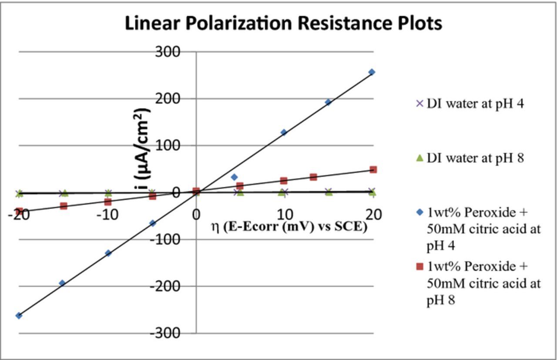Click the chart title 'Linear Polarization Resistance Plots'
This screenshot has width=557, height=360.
pos(283,24)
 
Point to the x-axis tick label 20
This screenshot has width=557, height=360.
pos(373,215)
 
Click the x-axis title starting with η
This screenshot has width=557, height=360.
pos(289,227)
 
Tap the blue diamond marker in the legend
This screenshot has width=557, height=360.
pos(419,212)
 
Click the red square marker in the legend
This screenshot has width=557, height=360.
pos(419,266)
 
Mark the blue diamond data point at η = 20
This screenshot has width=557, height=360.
pos(372,72)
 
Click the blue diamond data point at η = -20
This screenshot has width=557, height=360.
pos(19,316)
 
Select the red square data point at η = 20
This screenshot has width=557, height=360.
pos(373,169)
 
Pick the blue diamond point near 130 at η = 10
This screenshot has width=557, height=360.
pos(284,132)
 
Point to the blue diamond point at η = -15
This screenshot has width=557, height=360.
pos(62,283)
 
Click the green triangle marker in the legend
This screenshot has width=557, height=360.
pos(419,158)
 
